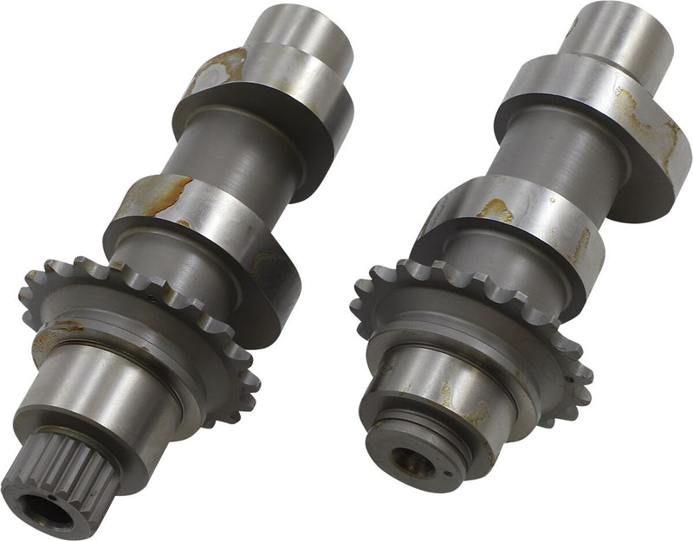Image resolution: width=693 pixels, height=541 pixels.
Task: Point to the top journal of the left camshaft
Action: pos(299,35)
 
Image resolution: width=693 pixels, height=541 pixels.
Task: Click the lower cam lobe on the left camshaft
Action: pos(208,234)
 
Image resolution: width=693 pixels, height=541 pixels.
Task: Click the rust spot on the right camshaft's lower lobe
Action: pos(495,209)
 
